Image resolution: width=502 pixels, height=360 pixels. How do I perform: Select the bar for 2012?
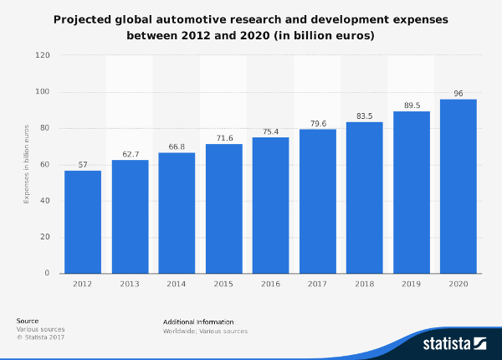[x=83, y=222]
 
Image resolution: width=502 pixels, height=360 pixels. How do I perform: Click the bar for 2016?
[x=270, y=205]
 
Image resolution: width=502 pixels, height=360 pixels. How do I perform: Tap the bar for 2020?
[x=458, y=186]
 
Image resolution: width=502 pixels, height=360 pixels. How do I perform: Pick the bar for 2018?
[x=364, y=198]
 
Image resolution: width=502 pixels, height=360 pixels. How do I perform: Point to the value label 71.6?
[x=223, y=137]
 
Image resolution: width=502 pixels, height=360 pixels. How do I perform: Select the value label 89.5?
[x=411, y=105]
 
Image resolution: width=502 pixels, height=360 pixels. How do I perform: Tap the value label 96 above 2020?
[x=458, y=94]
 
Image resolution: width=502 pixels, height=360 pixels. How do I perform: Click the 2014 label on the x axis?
[x=177, y=285]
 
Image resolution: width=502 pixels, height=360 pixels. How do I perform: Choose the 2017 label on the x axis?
[x=317, y=285]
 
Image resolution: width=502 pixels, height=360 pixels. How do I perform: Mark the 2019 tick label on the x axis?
[x=411, y=285]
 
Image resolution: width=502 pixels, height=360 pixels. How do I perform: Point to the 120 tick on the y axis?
[x=43, y=55]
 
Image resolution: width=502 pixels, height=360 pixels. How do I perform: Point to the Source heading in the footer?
[x=28, y=321]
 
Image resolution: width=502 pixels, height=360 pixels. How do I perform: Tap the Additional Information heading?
[x=199, y=321]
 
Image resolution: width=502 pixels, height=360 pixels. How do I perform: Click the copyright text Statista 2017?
[x=42, y=337]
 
